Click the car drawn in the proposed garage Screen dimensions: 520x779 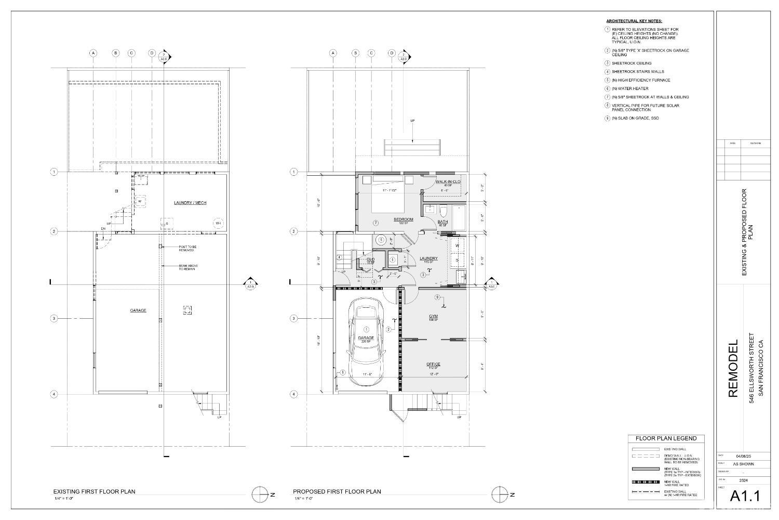point(367,341)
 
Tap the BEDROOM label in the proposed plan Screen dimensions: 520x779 point(403,219)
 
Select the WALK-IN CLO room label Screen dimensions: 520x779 point(448,182)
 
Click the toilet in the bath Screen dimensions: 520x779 point(443,212)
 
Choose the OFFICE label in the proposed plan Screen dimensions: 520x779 point(433,364)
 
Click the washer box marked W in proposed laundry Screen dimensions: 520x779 point(457,245)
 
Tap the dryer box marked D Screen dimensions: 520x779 point(457,260)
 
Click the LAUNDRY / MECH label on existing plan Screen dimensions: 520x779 point(190,203)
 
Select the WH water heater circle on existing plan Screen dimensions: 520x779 point(217,224)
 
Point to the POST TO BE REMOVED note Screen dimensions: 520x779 point(186,249)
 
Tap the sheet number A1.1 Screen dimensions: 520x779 point(745,497)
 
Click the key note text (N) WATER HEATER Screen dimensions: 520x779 point(630,88)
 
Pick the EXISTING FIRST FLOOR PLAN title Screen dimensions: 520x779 point(94,491)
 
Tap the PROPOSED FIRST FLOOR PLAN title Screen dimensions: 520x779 point(337,491)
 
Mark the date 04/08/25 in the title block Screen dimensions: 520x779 point(743,456)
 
